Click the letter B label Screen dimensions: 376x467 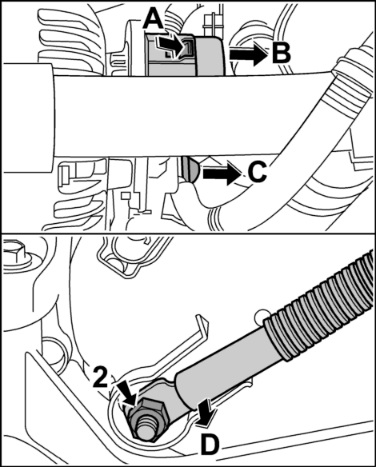point(281,53)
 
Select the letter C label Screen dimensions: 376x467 point(257,172)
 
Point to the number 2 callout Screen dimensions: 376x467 point(101,377)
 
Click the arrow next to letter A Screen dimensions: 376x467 point(170,46)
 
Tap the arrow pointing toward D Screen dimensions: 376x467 point(205,413)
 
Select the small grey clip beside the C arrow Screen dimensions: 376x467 point(189,169)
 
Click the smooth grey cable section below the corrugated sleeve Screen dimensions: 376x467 point(230,365)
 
